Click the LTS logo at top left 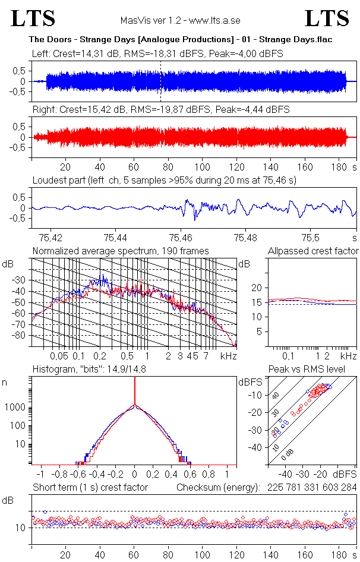coord(33,18)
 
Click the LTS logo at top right coord(327,18)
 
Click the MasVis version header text coord(180,20)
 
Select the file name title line coord(180,39)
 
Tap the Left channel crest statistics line coord(157,53)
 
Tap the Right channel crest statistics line coord(160,110)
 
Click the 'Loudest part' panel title coord(164,180)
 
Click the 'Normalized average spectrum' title coord(121,251)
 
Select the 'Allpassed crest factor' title coord(313,251)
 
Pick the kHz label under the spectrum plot coord(229,356)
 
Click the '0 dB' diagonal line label coord(288,453)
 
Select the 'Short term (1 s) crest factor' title coord(90,487)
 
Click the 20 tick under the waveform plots coord(65,167)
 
